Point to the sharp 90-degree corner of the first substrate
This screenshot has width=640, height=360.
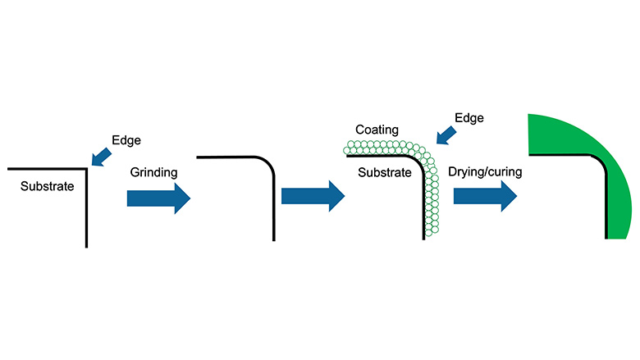(85, 169)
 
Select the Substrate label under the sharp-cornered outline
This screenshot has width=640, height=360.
(48, 186)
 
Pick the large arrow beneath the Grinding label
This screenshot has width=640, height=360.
(158, 198)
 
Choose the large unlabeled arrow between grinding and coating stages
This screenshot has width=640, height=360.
(312, 198)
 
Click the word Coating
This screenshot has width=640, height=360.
(377, 130)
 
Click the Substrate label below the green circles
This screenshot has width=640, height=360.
(385, 174)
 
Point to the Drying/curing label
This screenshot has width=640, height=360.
(485, 172)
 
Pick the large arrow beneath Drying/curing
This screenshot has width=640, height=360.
(485, 198)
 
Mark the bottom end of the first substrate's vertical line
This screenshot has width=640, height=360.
(85, 245)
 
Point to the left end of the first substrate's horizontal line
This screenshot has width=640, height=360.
(8, 169)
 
